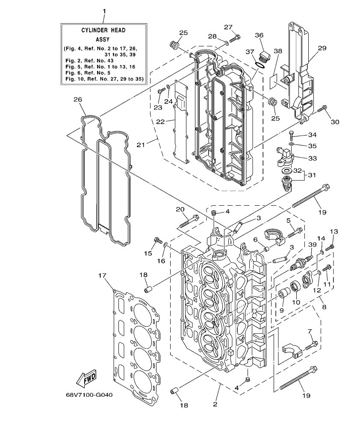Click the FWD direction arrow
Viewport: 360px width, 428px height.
(86, 378)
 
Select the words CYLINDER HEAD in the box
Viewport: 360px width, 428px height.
(103, 30)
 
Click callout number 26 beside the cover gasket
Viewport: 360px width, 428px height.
(77, 100)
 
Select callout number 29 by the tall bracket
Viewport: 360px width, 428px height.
(322, 48)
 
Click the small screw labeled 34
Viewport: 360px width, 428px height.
(291, 136)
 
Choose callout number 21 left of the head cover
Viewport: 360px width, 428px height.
(141, 145)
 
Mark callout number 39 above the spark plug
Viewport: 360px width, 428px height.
(312, 244)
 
